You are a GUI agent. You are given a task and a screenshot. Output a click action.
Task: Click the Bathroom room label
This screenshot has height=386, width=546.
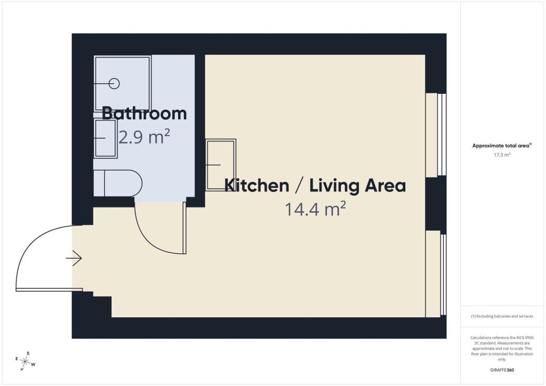point(144,114)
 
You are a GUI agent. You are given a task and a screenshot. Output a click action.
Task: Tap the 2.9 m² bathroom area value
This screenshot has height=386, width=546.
point(144,136)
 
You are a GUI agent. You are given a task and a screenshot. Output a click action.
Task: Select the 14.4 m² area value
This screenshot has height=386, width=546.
point(315,209)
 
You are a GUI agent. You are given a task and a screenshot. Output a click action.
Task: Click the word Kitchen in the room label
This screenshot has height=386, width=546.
point(256,185)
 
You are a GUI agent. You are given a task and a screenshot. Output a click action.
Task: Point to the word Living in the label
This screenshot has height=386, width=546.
point(334,186)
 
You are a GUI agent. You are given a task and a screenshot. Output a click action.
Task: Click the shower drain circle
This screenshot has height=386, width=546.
point(114,84)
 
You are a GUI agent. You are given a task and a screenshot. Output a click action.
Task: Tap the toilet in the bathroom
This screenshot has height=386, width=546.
point(118,183)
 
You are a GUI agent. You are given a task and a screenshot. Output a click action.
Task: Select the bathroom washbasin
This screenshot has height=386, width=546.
point(105,139)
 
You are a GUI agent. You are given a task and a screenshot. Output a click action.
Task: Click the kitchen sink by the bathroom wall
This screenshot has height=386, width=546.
point(220,165)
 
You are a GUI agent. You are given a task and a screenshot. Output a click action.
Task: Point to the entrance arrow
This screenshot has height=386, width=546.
point(74,258)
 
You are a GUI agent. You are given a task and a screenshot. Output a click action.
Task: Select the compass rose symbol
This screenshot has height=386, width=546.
point(26,361)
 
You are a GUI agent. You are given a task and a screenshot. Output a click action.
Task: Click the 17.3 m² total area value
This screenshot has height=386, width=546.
point(502,155)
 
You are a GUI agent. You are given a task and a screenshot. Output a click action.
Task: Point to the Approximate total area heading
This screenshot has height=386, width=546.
point(502,146)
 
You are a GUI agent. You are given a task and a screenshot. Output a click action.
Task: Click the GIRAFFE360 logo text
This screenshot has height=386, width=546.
point(502,370)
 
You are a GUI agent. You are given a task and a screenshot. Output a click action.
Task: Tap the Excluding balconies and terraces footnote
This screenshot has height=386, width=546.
point(502,316)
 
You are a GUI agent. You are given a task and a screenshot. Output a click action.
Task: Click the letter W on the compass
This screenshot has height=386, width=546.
point(34,365)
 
